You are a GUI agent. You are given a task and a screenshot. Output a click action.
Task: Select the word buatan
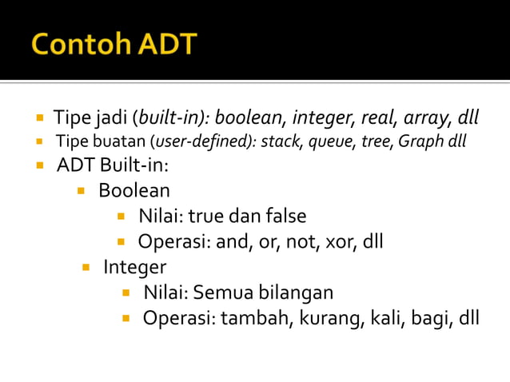point(122,142)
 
